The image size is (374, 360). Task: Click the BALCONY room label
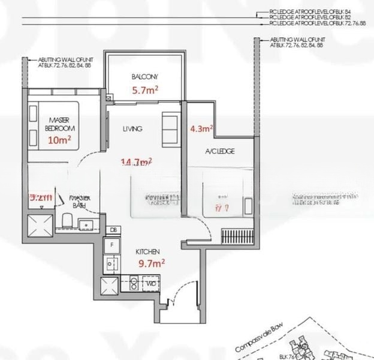coord(144,77)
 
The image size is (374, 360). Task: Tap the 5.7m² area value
coord(145,90)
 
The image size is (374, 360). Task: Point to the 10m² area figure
coord(60,140)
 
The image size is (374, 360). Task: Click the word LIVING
coord(131,128)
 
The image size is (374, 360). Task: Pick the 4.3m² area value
coord(202,128)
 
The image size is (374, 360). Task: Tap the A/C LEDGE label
coord(220,151)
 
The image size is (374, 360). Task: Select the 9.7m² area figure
coord(152,262)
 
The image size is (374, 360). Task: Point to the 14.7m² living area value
coord(136,162)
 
